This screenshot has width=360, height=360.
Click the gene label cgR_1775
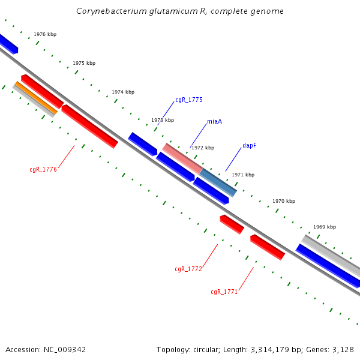pos(188,100)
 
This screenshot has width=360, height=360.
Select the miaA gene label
pos(214,121)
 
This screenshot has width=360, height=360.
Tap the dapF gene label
pos(249,145)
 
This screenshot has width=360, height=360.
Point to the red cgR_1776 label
pos(43,169)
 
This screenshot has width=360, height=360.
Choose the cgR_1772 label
pos(188,269)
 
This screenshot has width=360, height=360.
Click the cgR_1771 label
pos(224,292)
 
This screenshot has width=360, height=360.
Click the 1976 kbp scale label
pos(45,35)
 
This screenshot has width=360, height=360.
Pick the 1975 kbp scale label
pos(84,63)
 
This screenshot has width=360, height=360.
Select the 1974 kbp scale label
pos(123,92)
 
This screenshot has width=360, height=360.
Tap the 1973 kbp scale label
pos(163,120)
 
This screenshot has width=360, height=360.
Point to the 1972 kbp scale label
pos(203,148)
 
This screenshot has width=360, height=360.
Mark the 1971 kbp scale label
pos(243,175)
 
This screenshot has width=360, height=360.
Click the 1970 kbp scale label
pos(284,201)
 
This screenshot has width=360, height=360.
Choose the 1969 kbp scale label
pos(325,227)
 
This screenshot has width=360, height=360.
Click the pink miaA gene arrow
pos(182,158)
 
